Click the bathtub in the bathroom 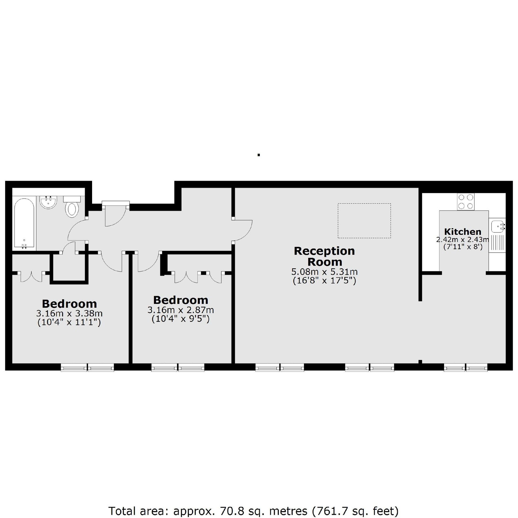[24, 223]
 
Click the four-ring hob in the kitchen [466, 202]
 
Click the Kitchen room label [462, 232]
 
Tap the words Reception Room [324, 256]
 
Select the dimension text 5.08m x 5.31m [324, 272]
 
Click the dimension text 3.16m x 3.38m [69, 313]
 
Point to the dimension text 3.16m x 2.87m [180, 310]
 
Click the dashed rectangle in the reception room [364, 221]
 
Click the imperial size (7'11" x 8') [462, 247]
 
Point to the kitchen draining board [497, 243]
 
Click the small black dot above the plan [259, 155]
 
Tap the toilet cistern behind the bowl [72, 199]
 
